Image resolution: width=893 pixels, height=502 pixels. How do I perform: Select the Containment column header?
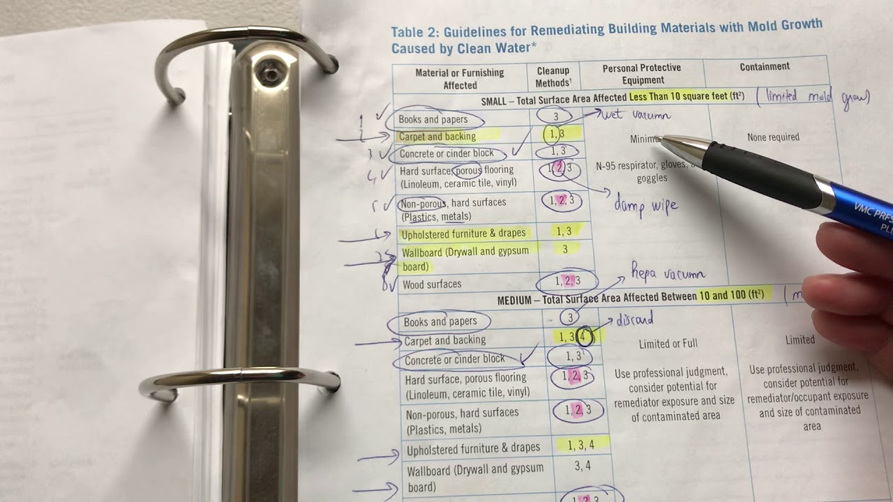[x=765, y=67]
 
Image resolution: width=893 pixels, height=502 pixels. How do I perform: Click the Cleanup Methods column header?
[x=553, y=77]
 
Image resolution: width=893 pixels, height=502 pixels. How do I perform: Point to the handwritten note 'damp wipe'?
[x=645, y=206]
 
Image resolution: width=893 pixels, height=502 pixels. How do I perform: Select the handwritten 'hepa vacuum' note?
[x=668, y=273]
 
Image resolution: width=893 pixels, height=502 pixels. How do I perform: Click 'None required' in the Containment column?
[x=773, y=137]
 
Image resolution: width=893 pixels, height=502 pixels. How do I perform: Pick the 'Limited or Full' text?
[x=668, y=344]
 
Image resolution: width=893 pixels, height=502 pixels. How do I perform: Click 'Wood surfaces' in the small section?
[x=432, y=284]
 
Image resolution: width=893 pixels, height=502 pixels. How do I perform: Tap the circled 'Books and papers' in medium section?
[x=440, y=321]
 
